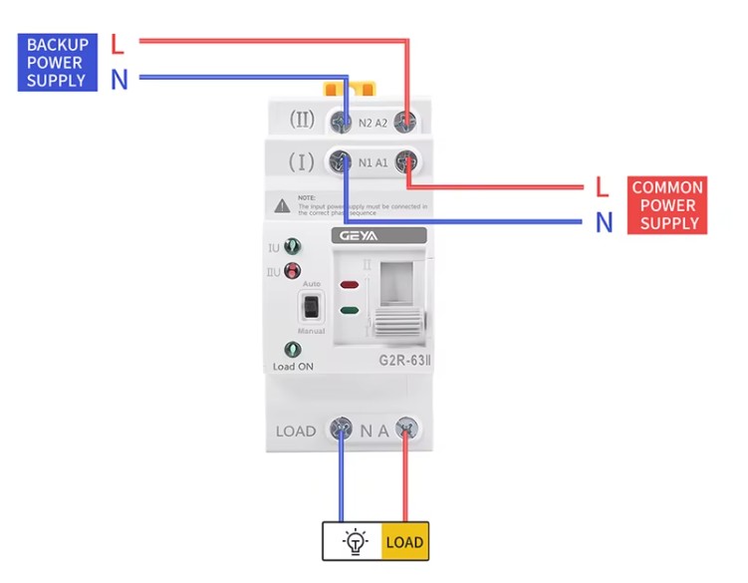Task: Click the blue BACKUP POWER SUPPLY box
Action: pyautogui.click(x=57, y=62)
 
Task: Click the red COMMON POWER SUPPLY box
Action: pyautogui.click(x=667, y=205)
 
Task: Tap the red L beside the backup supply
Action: pyautogui.click(x=118, y=44)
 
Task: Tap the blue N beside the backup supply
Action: pyautogui.click(x=120, y=80)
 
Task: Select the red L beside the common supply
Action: pyautogui.click(x=603, y=186)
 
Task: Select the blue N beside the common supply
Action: pyautogui.click(x=604, y=223)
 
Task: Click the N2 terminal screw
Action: pyautogui.click(x=342, y=122)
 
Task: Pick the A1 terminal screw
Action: pyautogui.click(x=405, y=161)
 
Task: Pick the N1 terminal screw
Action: pyautogui.click(x=342, y=161)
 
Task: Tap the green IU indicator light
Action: pyautogui.click(x=293, y=246)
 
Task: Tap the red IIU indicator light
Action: pyautogui.click(x=293, y=271)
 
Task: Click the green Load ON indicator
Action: pyautogui.click(x=293, y=350)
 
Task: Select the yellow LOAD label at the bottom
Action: pyautogui.click(x=404, y=542)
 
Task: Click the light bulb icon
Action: pyautogui.click(x=355, y=542)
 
